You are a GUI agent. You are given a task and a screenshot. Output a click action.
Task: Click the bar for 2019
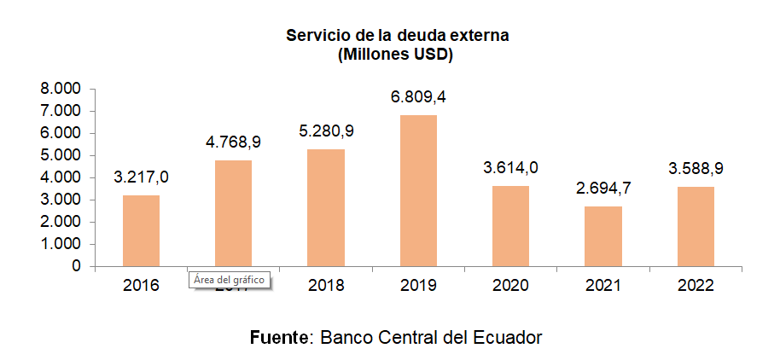tap(418, 190)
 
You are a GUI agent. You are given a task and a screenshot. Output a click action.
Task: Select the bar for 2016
tap(141, 230)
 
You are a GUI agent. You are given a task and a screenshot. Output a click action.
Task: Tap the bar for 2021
tap(603, 235)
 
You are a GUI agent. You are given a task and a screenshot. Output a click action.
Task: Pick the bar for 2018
tap(326, 207)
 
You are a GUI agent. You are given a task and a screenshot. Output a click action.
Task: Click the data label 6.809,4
tap(418, 98)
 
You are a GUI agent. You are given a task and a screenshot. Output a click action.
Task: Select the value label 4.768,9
tap(233, 142)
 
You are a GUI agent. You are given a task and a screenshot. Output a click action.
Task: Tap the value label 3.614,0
tap(511, 168)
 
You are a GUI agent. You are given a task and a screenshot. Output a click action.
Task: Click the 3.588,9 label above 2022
tap(696, 169)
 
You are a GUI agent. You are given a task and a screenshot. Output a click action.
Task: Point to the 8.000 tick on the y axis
tap(63, 89)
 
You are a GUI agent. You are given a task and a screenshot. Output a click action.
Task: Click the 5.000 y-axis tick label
tap(63, 155)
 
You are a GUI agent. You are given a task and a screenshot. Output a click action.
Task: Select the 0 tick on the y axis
tap(77, 266)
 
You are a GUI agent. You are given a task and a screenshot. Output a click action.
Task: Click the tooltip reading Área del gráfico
tap(230, 280)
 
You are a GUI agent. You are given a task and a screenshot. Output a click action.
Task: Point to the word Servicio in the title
tap(317, 36)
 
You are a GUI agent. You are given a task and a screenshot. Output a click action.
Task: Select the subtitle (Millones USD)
tap(395, 55)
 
